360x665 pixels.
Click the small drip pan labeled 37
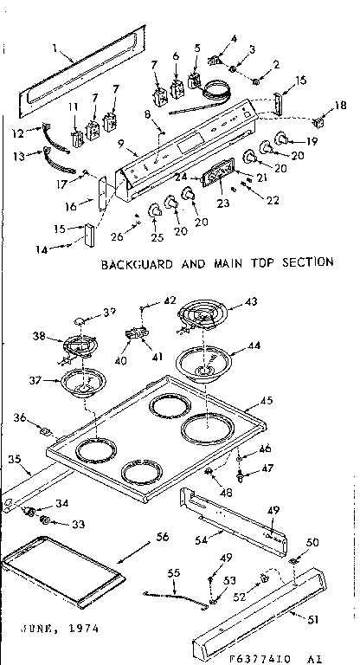click(x=84, y=382)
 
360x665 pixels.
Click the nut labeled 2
click(x=257, y=82)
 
